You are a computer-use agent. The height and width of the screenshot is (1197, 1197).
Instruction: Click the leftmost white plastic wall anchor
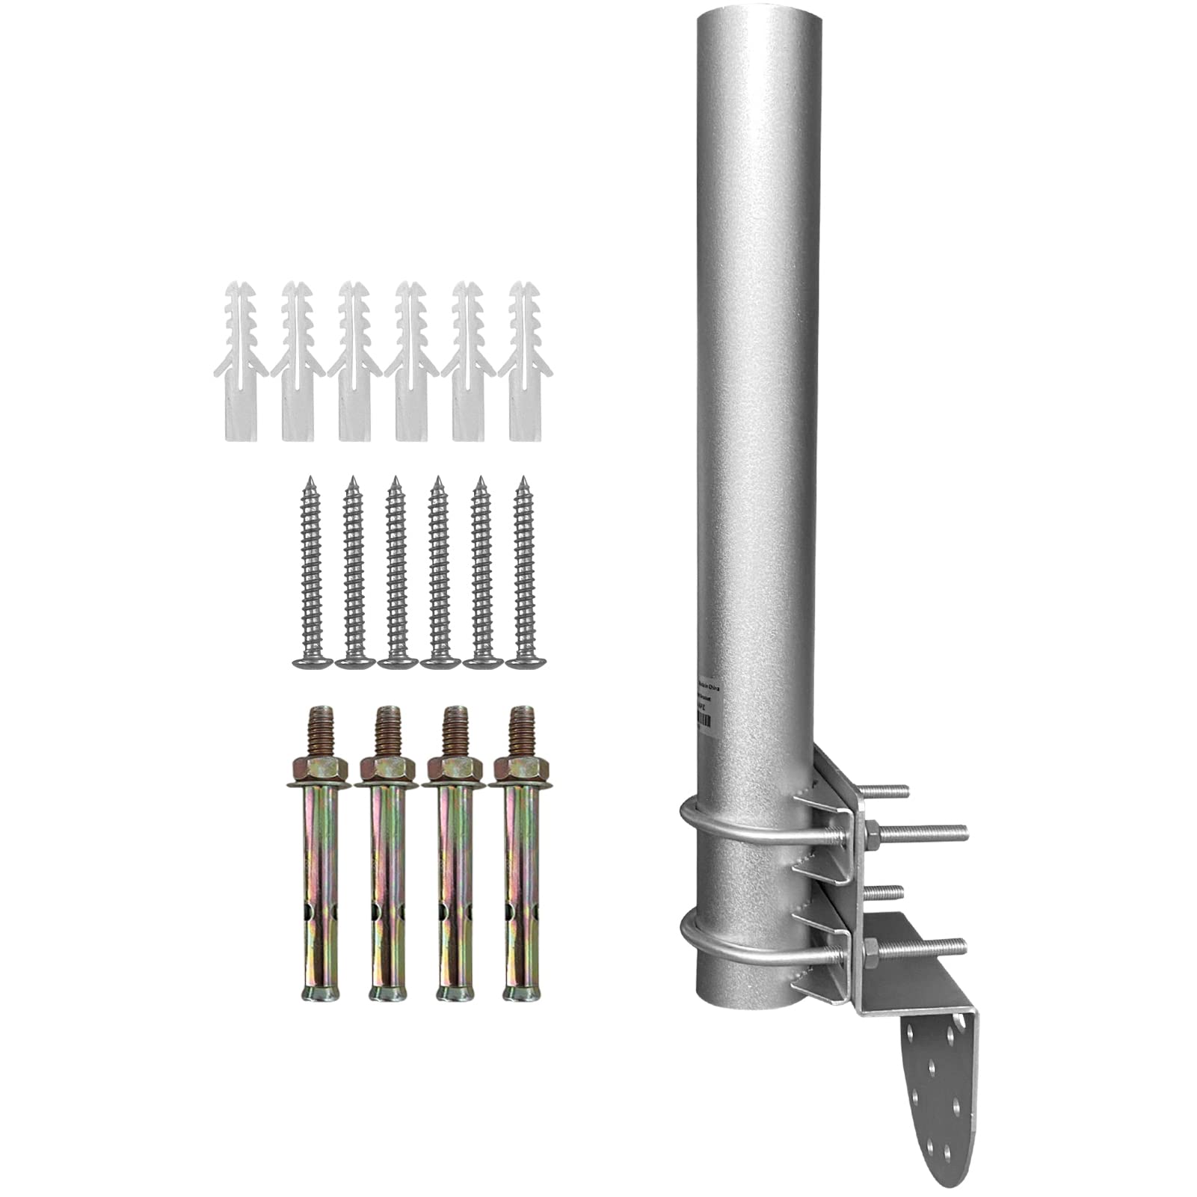(241, 363)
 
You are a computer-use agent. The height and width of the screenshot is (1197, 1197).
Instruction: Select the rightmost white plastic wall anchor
(525, 363)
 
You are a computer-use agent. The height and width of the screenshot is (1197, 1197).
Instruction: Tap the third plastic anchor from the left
(354, 363)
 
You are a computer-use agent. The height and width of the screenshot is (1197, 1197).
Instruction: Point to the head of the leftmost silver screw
(311, 661)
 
